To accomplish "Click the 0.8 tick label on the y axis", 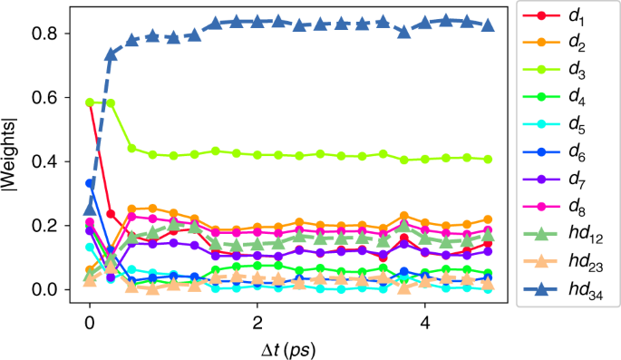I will pos(51,34).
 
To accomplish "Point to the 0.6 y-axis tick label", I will pos(51,98).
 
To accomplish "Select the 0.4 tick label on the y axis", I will pos(51,161).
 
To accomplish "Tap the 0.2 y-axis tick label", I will pos(51,226).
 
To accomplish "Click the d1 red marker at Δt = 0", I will pos(89,102).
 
